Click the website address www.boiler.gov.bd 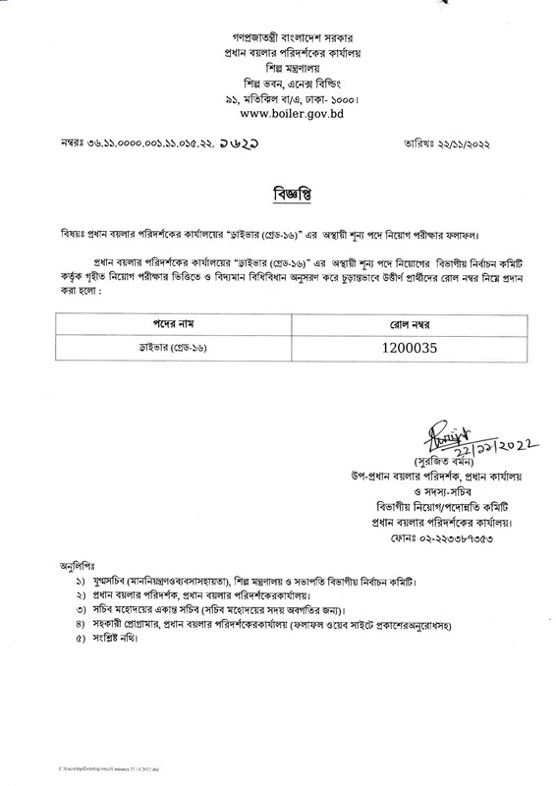(x=277, y=114)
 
